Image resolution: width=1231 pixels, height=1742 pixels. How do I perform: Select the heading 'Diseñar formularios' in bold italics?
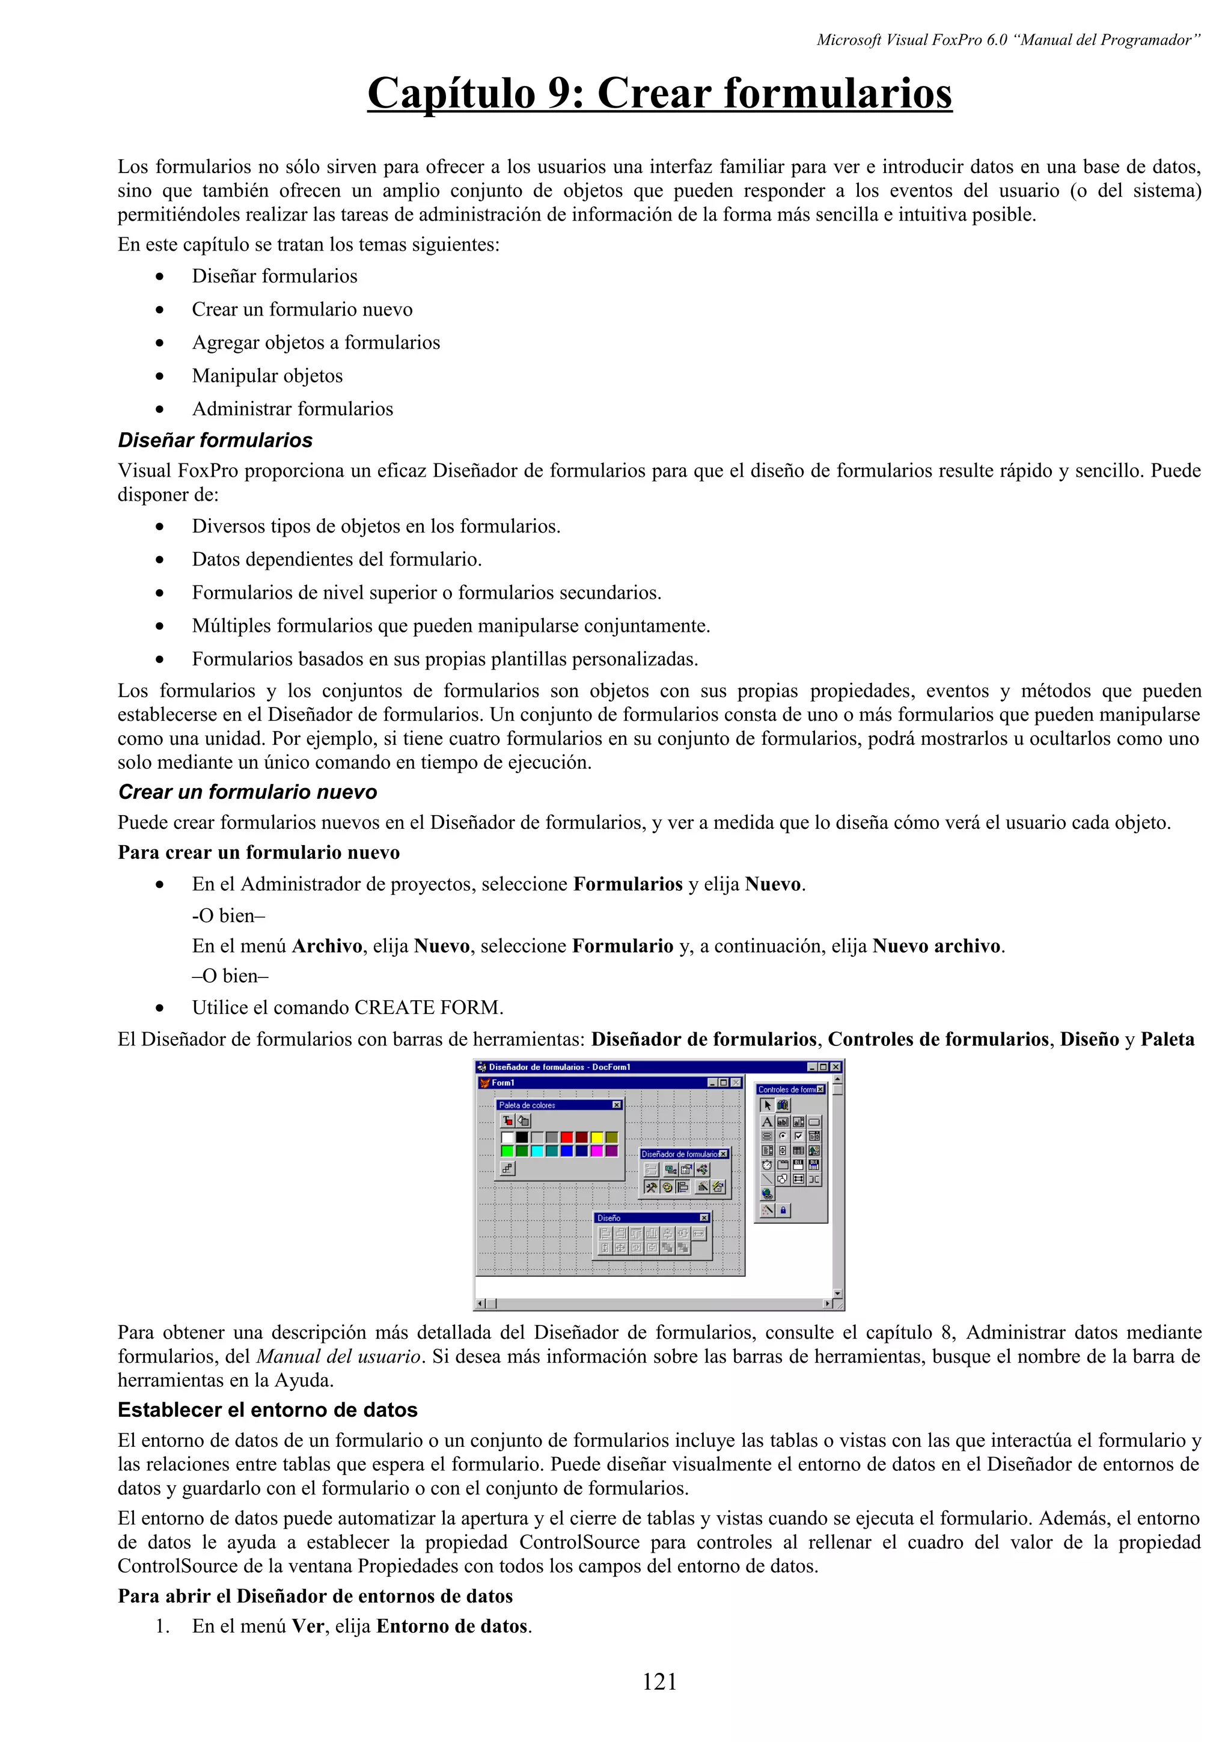(x=215, y=441)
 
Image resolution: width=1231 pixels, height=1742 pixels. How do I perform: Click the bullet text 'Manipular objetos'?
(x=267, y=376)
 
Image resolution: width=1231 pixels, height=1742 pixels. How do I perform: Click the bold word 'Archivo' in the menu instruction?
(x=327, y=946)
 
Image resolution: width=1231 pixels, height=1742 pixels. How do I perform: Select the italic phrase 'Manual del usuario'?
(x=338, y=1357)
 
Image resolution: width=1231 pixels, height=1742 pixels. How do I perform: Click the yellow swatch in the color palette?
(x=597, y=1137)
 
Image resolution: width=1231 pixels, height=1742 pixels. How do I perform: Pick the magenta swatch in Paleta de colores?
(x=597, y=1151)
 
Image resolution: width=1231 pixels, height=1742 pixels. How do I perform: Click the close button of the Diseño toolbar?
(x=704, y=1218)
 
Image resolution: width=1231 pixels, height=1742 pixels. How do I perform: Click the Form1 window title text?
(x=503, y=1083)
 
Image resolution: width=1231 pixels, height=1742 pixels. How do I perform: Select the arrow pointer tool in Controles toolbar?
(x=768, y=1105)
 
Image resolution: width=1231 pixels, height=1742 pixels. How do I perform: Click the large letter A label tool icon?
(x=768, y=1122)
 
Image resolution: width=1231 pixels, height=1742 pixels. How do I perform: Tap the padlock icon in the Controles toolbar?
(x=784, y=1210)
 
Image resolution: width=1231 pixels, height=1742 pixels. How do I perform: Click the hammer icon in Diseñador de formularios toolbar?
(x=651, y=1187)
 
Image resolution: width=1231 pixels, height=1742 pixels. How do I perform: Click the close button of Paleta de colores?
(x=617, y=1105)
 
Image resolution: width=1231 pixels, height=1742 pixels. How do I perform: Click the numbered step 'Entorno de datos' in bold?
(x=452, y=1627)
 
